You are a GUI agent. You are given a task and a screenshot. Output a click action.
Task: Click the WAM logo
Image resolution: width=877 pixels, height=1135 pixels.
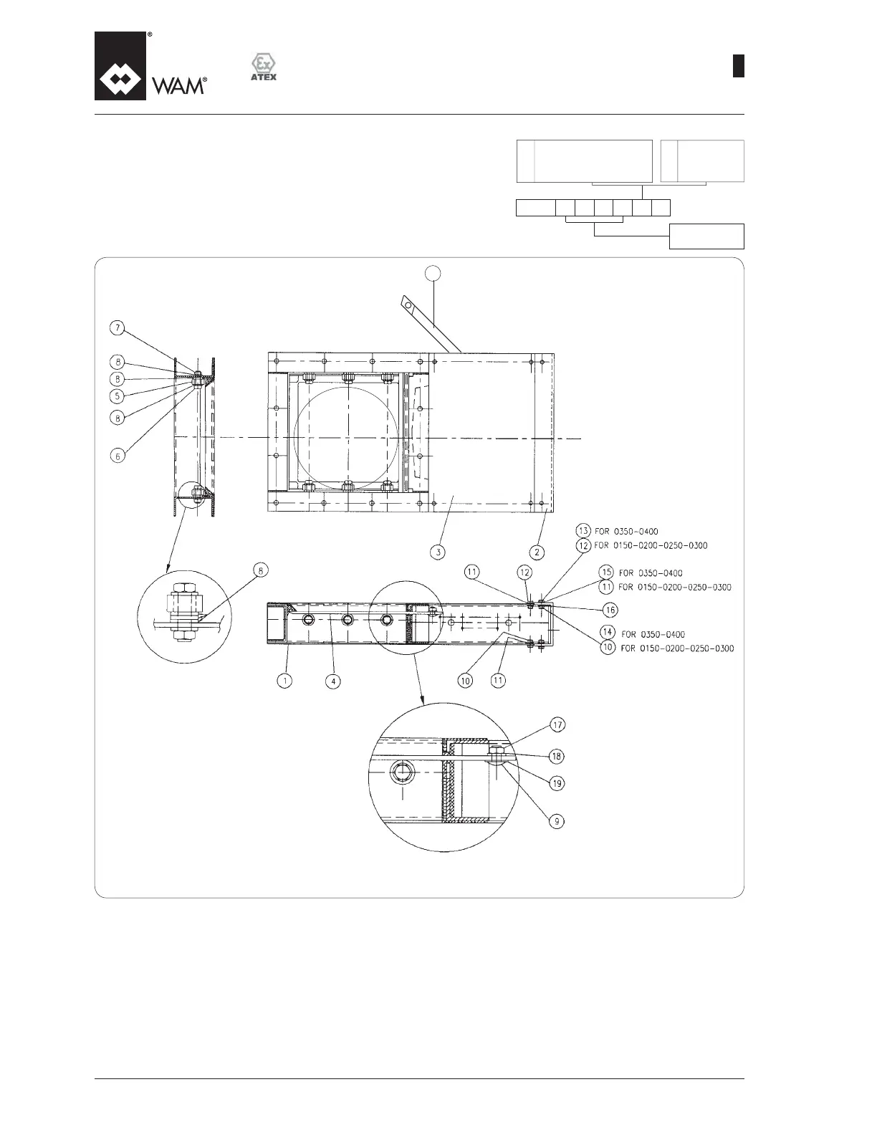click(x=151, y=67)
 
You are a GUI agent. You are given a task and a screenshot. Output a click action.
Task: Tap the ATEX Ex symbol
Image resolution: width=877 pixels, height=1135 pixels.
click(x=263, y=67)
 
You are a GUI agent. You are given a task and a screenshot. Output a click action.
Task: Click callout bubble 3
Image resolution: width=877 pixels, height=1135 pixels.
click(x=438, y=552)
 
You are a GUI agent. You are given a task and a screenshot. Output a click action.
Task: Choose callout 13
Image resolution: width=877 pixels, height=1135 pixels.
click(x=583, y=531)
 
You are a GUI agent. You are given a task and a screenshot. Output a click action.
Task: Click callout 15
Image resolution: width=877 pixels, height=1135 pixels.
click(x=606, y=573)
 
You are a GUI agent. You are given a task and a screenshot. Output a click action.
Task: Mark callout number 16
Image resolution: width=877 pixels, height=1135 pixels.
click(x=610, y=610)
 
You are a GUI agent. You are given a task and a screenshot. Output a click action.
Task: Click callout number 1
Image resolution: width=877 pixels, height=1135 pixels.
click(x=285, y=681)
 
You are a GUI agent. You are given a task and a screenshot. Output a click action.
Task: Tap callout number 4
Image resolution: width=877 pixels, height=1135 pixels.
click(x=332, y=681)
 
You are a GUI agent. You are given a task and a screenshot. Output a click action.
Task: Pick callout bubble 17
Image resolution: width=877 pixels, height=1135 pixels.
click(x=557, y=724)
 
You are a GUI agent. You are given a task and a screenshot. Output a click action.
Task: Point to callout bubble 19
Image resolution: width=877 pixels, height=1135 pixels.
click(x=557, y=784)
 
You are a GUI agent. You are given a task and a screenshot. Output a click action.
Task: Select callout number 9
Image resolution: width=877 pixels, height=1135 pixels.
click(x=557, y=821)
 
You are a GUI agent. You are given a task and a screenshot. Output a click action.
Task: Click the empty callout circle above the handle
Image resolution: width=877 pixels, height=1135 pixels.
click(x=432, y=272)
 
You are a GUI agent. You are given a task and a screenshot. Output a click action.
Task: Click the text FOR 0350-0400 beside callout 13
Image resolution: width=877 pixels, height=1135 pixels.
click(x=627, y=532)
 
